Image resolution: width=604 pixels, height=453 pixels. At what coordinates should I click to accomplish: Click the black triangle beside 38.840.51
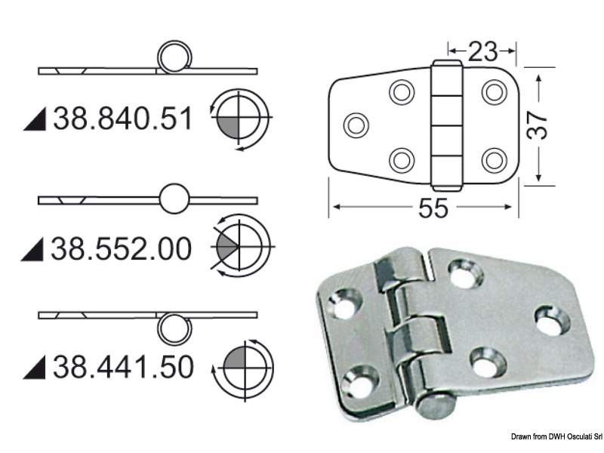[x=35, y=119]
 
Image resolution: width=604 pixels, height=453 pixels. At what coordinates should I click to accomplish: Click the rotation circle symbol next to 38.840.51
[x=240, y=120]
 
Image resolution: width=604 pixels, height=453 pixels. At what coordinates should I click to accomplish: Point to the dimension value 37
[x=537, y=126]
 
